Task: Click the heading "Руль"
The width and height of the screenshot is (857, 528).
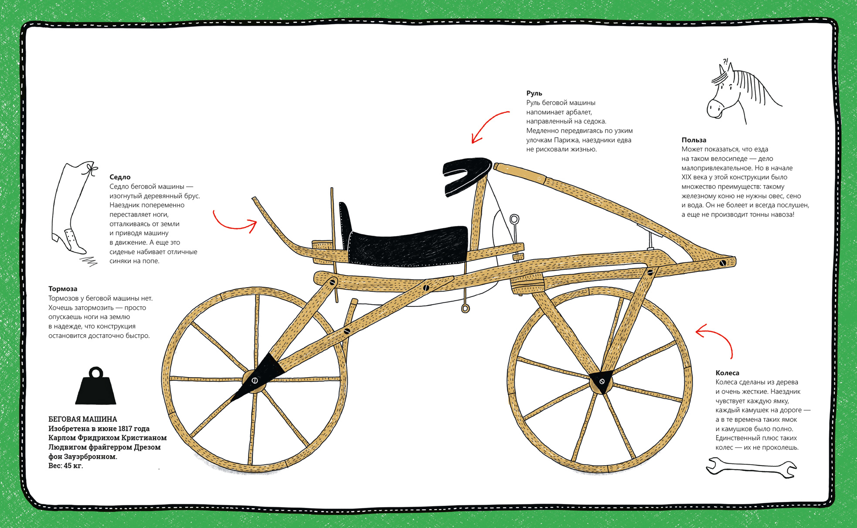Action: [x=534, y=93]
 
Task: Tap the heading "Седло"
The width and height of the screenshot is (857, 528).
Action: [x=120, y=177]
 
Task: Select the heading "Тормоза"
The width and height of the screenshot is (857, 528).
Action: [x=63, y=289]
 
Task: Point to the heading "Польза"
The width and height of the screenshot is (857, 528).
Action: [x=694, y=140]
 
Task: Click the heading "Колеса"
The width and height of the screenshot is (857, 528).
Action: [x=728, y=373]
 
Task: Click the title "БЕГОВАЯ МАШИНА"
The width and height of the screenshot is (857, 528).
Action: [x=83, y=419]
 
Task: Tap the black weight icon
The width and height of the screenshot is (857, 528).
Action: [x=96, y=386]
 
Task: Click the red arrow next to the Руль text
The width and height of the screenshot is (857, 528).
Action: [x=490, y=127]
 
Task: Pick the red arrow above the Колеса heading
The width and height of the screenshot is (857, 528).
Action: [x=715, y=340]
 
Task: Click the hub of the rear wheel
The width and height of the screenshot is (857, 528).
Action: [x=255, y=381]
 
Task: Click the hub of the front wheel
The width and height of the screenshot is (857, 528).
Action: [x=602, y=382]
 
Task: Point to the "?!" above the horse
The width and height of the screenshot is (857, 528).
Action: [x=725, y=62]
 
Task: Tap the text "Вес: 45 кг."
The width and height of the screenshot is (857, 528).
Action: [x=65, y=466]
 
